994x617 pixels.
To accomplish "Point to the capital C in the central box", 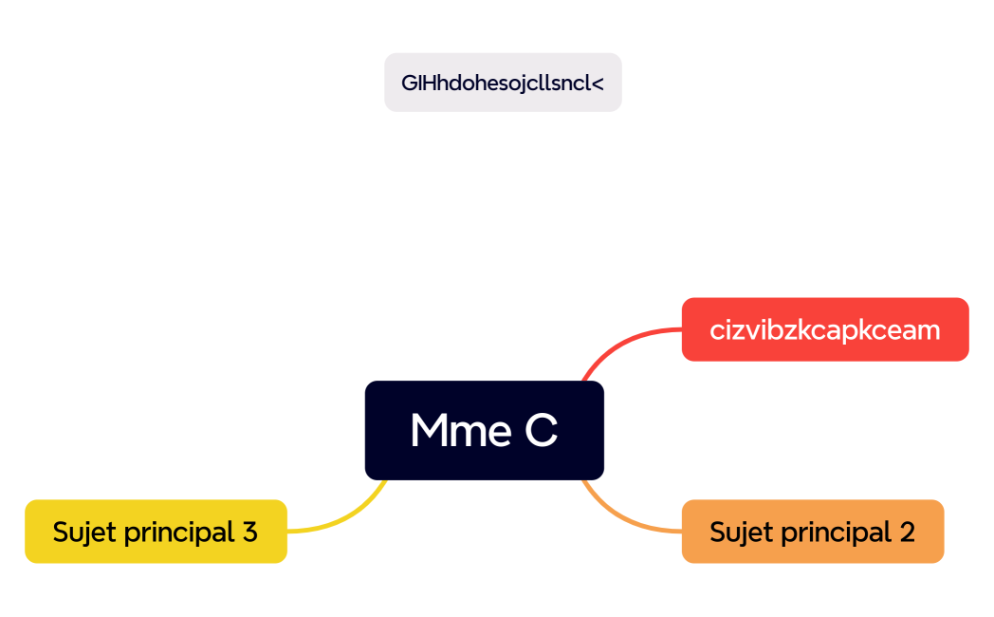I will tap(541, 431).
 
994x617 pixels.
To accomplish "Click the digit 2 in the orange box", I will tap(907, 532).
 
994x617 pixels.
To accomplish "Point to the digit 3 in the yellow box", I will tap(249, 532).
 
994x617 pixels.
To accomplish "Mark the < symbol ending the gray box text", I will tap(598, 83).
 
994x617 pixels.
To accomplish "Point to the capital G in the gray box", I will tap(408, 83).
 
